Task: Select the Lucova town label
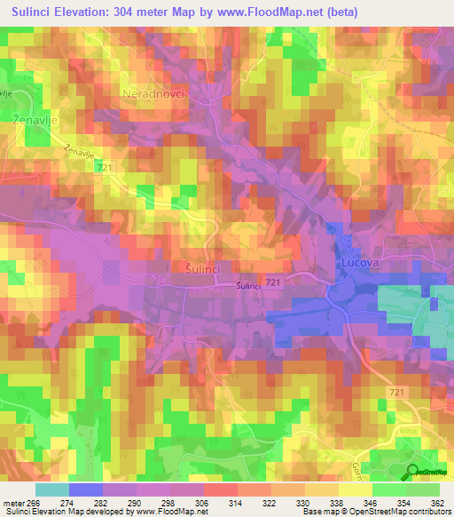[359, 264]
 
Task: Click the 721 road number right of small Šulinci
[273, 282]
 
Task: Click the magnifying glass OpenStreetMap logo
[413, 472]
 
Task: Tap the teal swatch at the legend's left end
[51, 489]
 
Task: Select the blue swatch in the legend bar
[85, 489]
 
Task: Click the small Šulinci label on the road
[248, 285]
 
